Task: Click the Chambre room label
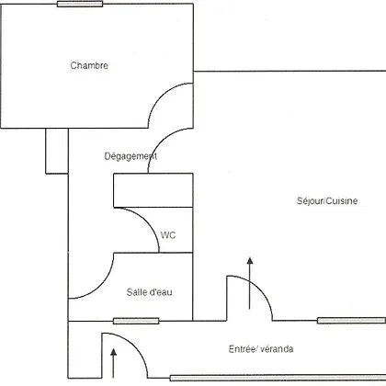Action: [89, 65]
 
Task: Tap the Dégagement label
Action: [131, 156]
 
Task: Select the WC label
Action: [168, 235]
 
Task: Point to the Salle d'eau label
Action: [150, 292]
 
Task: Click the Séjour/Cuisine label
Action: [327, 200]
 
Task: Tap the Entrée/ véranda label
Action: [261, 349]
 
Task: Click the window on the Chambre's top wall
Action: [80, 4]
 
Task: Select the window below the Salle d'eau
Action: [136, 321]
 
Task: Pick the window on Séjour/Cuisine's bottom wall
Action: [351, 321]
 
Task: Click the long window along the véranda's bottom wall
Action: [278, 378]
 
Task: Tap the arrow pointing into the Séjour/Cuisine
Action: [250, 283]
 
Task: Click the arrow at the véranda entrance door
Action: [114, 363]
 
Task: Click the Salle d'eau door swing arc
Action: [100, 285]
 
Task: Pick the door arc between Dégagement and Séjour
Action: [161, 142]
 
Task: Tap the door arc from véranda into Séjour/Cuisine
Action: [259, 289]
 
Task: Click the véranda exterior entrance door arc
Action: [134, 346]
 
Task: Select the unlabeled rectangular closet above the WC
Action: [153, 190]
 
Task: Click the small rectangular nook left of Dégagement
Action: [57, 151]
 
